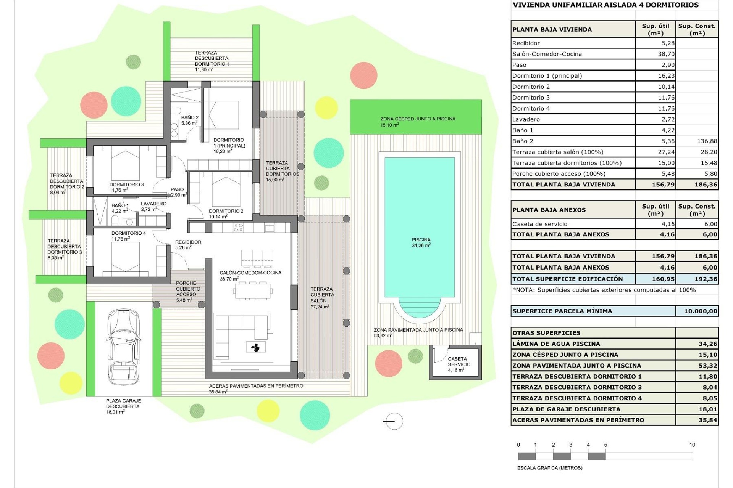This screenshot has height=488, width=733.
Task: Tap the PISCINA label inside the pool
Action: coord(421,240)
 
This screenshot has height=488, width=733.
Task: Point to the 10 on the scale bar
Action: coord(692,445)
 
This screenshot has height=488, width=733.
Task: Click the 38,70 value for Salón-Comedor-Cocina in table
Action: coord(666,54)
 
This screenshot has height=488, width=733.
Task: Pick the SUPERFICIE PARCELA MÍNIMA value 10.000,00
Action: coord(700,311)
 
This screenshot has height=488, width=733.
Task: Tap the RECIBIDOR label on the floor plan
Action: coord(188,242)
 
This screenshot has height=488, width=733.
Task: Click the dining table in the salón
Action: coord(252,291)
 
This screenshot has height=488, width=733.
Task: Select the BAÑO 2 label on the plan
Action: coord(190,117)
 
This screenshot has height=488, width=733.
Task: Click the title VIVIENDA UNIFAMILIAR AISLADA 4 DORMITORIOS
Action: coord(605,5)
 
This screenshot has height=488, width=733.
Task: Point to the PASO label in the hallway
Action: coord(177,189)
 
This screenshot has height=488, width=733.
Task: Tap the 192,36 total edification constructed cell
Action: coord(706,279)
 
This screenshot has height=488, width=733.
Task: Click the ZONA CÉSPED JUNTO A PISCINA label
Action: coord(418,119)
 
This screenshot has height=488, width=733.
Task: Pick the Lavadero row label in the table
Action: coord(526,119)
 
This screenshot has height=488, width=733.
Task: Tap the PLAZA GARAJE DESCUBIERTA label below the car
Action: coord(123,403)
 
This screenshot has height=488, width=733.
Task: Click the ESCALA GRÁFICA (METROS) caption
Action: coord(550,468)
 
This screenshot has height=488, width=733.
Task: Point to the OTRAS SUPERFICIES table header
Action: coord(546,333)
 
